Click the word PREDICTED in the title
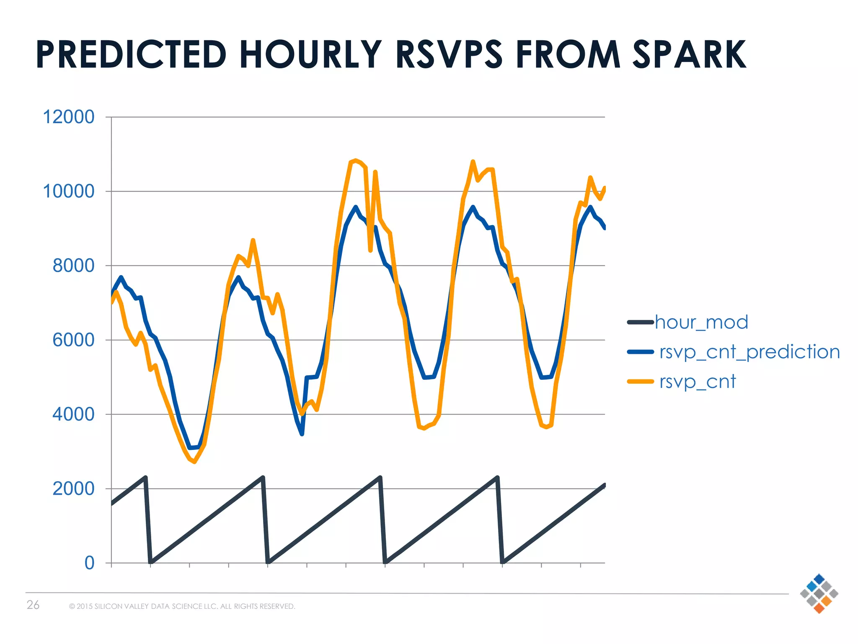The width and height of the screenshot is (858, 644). (x=131, y=55)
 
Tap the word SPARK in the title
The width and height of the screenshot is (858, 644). (x=689, y=55)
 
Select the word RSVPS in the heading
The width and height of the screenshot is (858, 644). (x=449, y=55)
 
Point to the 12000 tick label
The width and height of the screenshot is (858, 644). (x=69, y=117)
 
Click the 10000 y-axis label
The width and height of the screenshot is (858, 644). (x=69, y=192)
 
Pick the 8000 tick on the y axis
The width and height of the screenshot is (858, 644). (x=73, y=266)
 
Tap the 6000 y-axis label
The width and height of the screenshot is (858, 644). (x=73, y=340)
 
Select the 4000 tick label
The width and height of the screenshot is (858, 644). (x=73, y=415)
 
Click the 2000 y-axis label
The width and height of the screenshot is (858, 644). (x=73, y=489)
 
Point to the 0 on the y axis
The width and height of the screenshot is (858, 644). (x=89, y=563)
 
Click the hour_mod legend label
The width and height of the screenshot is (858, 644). (x=701, y=322)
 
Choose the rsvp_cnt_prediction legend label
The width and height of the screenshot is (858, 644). (x=749, y=352)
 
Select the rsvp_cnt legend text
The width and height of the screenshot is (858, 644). (x=697, y=382)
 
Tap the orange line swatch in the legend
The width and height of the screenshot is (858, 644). (x=640, y=382)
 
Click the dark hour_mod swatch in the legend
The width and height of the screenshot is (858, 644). (x=640, y=322)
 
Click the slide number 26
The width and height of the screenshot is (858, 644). (x=33, y=605)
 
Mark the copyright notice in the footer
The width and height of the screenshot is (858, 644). (x=182, y=606)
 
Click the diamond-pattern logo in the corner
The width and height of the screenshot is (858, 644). (x=819, y=593)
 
